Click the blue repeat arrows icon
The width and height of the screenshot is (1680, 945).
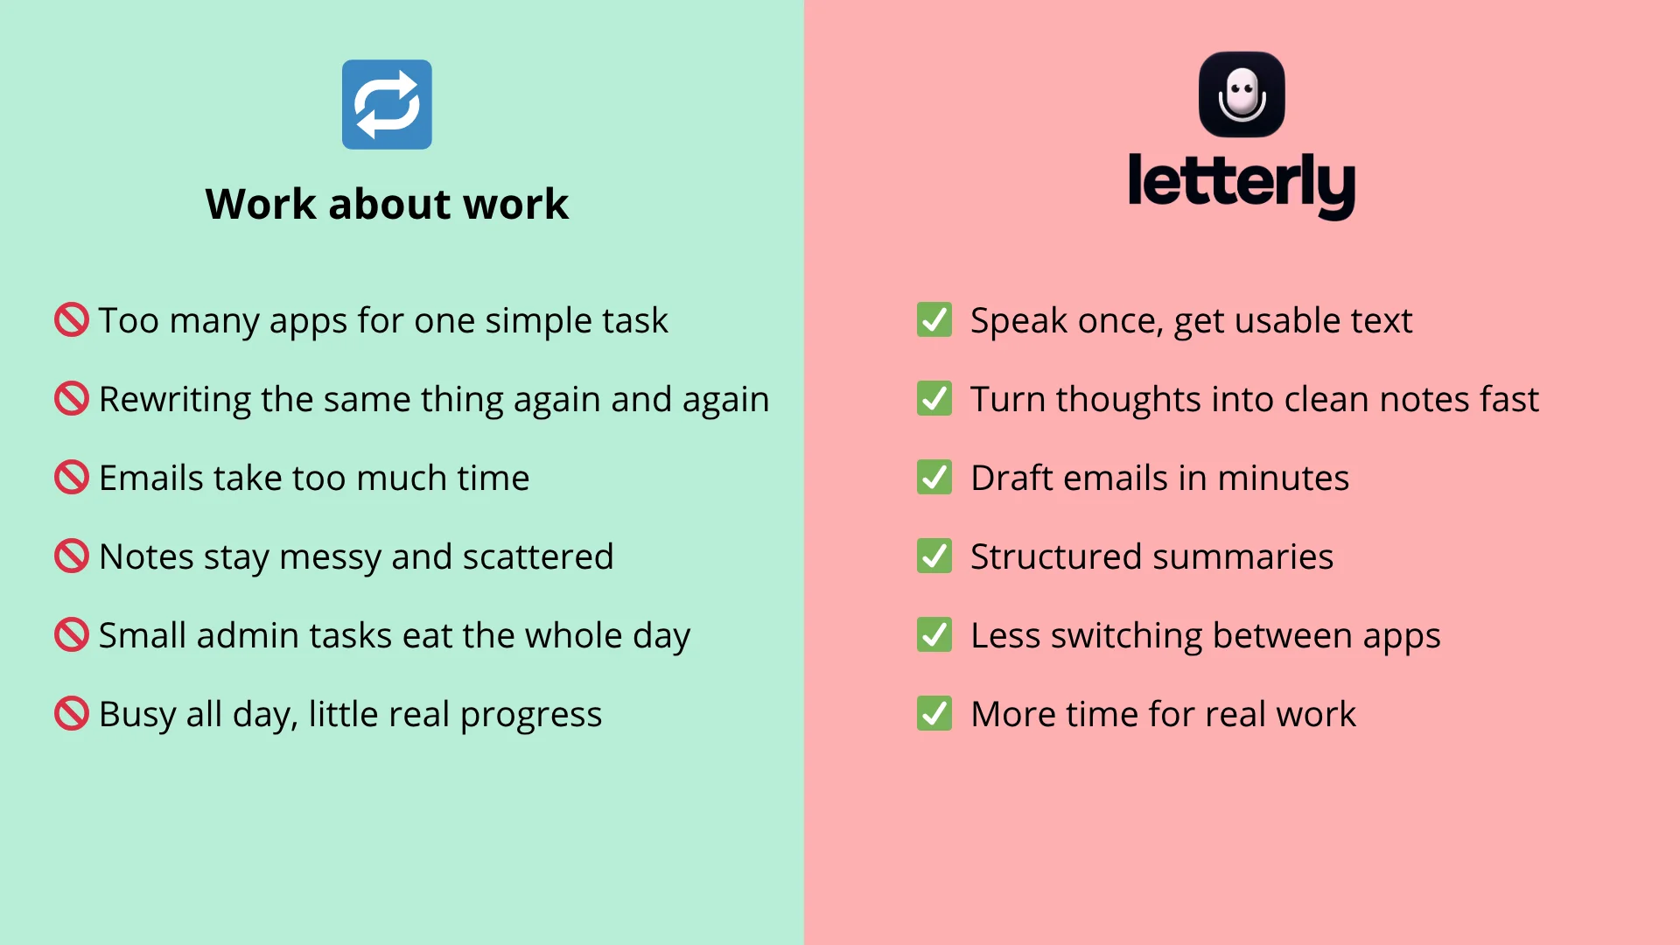tap(387, 104)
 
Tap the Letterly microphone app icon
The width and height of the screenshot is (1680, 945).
tap(1242, 94)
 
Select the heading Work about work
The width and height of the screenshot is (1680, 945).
tap(387, 204)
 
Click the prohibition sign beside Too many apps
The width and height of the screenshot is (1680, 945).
tap(72, 320)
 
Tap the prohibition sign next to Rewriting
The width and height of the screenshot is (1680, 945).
tap(72, 399)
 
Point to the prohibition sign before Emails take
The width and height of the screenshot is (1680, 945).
tap(72, 478)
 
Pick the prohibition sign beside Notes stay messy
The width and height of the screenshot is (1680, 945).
tap(72, 556)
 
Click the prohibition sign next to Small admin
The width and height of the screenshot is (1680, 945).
tap(72, 635)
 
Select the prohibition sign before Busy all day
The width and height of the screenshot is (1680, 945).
tap(72, 714)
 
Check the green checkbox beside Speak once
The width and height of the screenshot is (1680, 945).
tap(934, 320)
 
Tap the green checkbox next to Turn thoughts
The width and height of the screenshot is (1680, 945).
tap(934, 399)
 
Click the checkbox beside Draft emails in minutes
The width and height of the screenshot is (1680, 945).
tap(934, 478)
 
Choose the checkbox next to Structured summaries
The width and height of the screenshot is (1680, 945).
tap(934, 556)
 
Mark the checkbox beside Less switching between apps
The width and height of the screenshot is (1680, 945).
tap(934, 635)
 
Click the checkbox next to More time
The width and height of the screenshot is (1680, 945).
tap(934, 714)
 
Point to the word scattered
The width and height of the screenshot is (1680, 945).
tap(537, 557)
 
